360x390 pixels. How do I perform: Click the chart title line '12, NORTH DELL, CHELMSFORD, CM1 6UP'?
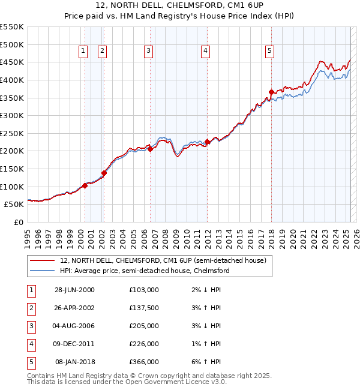tap(180, 6)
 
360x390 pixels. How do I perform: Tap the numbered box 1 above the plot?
tap(82, 52)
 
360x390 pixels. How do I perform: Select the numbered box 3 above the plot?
tap(148, 52)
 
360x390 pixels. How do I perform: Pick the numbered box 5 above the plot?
tap(270, 52)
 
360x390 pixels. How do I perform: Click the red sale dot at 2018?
tap(271, 92)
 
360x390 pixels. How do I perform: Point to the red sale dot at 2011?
tap(207, 142)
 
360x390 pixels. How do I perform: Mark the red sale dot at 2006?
tap(150, 149)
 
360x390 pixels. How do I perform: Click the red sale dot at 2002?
tap(104, 173)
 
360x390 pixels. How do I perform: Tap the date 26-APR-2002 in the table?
tap(74, 308)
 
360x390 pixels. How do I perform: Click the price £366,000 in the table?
tap(144, 362)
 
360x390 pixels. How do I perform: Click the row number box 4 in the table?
tap(30, 344)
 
